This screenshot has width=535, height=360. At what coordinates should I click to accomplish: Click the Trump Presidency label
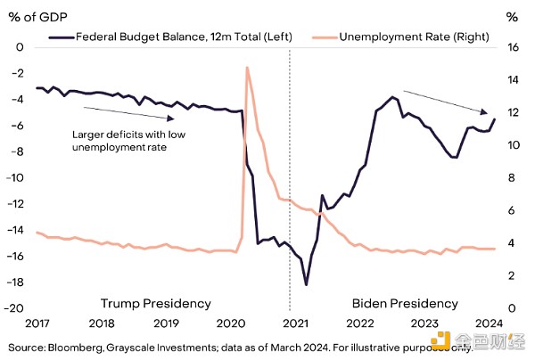(155, 302)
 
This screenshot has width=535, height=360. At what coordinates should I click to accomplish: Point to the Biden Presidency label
(405, 302)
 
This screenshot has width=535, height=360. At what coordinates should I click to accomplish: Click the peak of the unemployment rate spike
(246, 68)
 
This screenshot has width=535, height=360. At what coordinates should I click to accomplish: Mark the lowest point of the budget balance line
(306, 285)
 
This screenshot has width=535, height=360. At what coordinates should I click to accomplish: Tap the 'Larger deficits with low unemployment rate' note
(120, 141)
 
